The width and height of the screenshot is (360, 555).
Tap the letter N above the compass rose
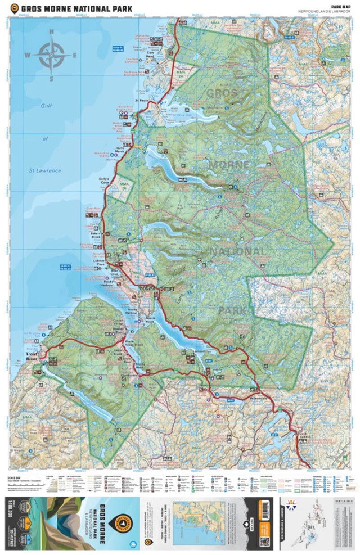(51, 32)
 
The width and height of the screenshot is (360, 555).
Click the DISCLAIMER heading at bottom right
(340, 498)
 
